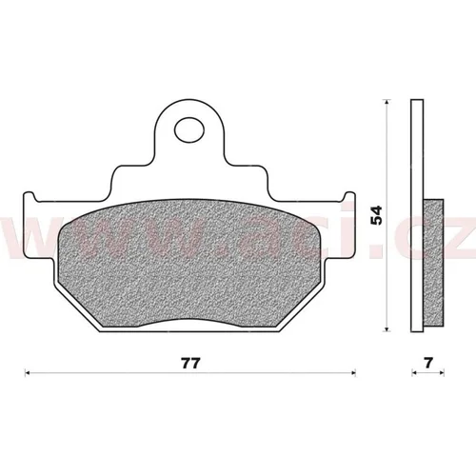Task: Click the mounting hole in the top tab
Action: [x=189, y=129]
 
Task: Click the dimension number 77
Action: [x=191, y=364]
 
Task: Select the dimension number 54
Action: [x=377, y=215]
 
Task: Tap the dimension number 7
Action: [x=428, y=363]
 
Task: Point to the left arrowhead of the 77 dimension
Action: [x=28, y=373]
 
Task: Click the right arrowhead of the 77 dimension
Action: [x=352, y=373]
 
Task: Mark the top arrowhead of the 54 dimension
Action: [x=387, y=102]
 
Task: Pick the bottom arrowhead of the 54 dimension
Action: [x=387, y=328]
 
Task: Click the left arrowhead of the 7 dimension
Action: [x=414, y=373]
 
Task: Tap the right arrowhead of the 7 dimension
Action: [x=441, y=373]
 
